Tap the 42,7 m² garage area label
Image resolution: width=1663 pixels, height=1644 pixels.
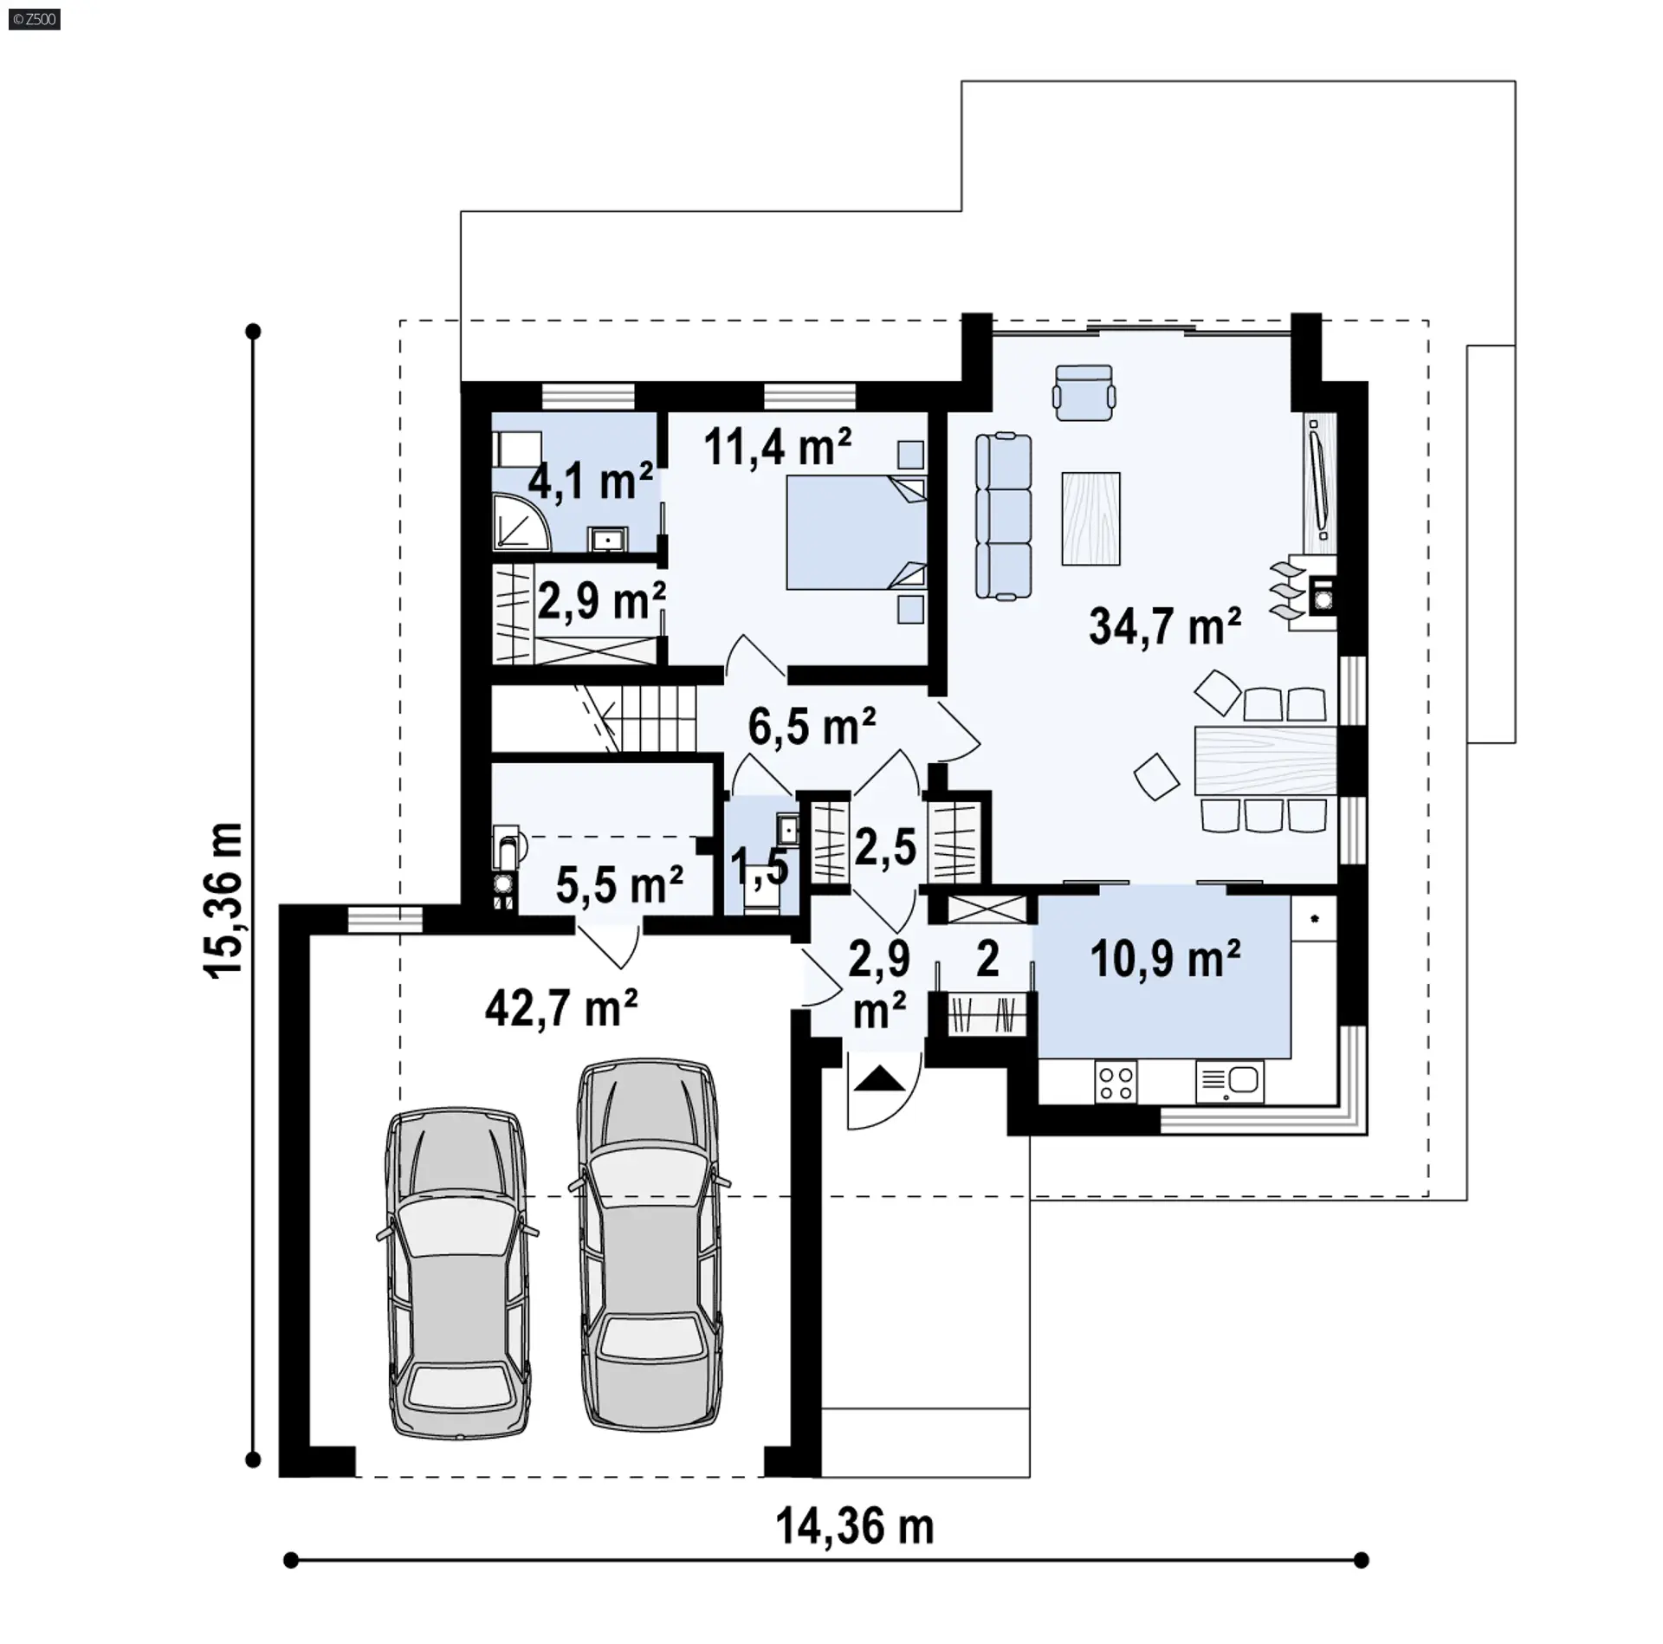[561, 1008]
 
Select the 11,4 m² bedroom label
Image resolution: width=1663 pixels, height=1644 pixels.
[778, 447]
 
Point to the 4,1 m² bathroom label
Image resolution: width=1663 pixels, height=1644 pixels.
[591, 482]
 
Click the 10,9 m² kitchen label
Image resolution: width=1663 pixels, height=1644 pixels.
[1165, 959]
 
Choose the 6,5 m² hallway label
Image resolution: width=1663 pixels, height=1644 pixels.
[812, 726]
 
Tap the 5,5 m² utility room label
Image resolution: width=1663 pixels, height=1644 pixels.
[619, 884]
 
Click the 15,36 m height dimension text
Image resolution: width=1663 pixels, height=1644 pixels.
[223, 901]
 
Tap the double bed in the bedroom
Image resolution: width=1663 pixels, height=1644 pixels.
[856, 532]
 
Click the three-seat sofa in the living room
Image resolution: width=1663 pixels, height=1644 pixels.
[1004, 517]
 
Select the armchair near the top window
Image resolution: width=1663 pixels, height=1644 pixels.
[1083, 392]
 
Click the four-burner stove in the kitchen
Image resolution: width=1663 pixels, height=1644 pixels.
[1116, 1083]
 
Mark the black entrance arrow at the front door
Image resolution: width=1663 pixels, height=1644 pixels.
[879, 1079]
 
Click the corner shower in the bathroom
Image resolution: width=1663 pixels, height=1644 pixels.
[521, 522]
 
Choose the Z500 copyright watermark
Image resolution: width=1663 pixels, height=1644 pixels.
[35, 18]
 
